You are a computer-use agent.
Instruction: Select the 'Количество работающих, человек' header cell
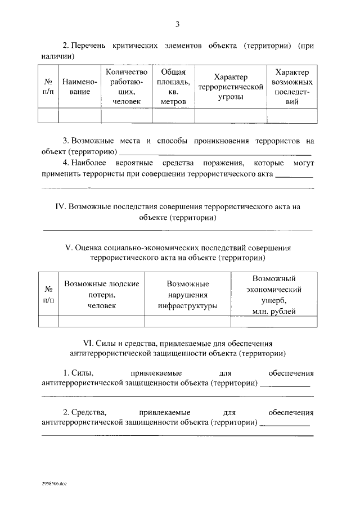(127, 87)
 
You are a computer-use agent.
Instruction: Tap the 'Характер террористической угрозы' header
(231, 87)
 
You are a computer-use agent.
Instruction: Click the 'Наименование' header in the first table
(79, 87)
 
